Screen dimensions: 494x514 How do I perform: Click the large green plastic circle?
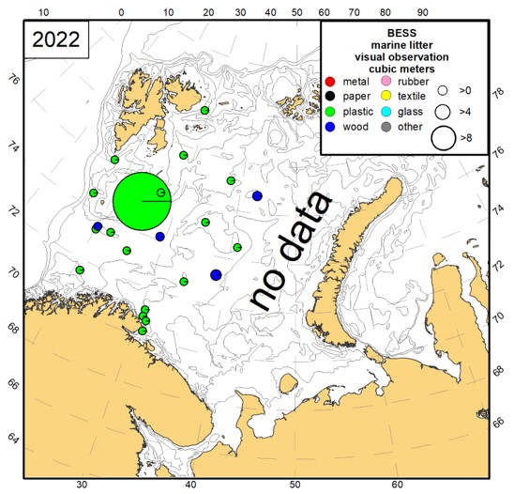tap(143, 201)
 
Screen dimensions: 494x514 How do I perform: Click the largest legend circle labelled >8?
tap(444, 138)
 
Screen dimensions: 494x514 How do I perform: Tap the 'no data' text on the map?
tap(292, 251)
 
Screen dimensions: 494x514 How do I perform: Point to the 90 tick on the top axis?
tap(422, 13)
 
